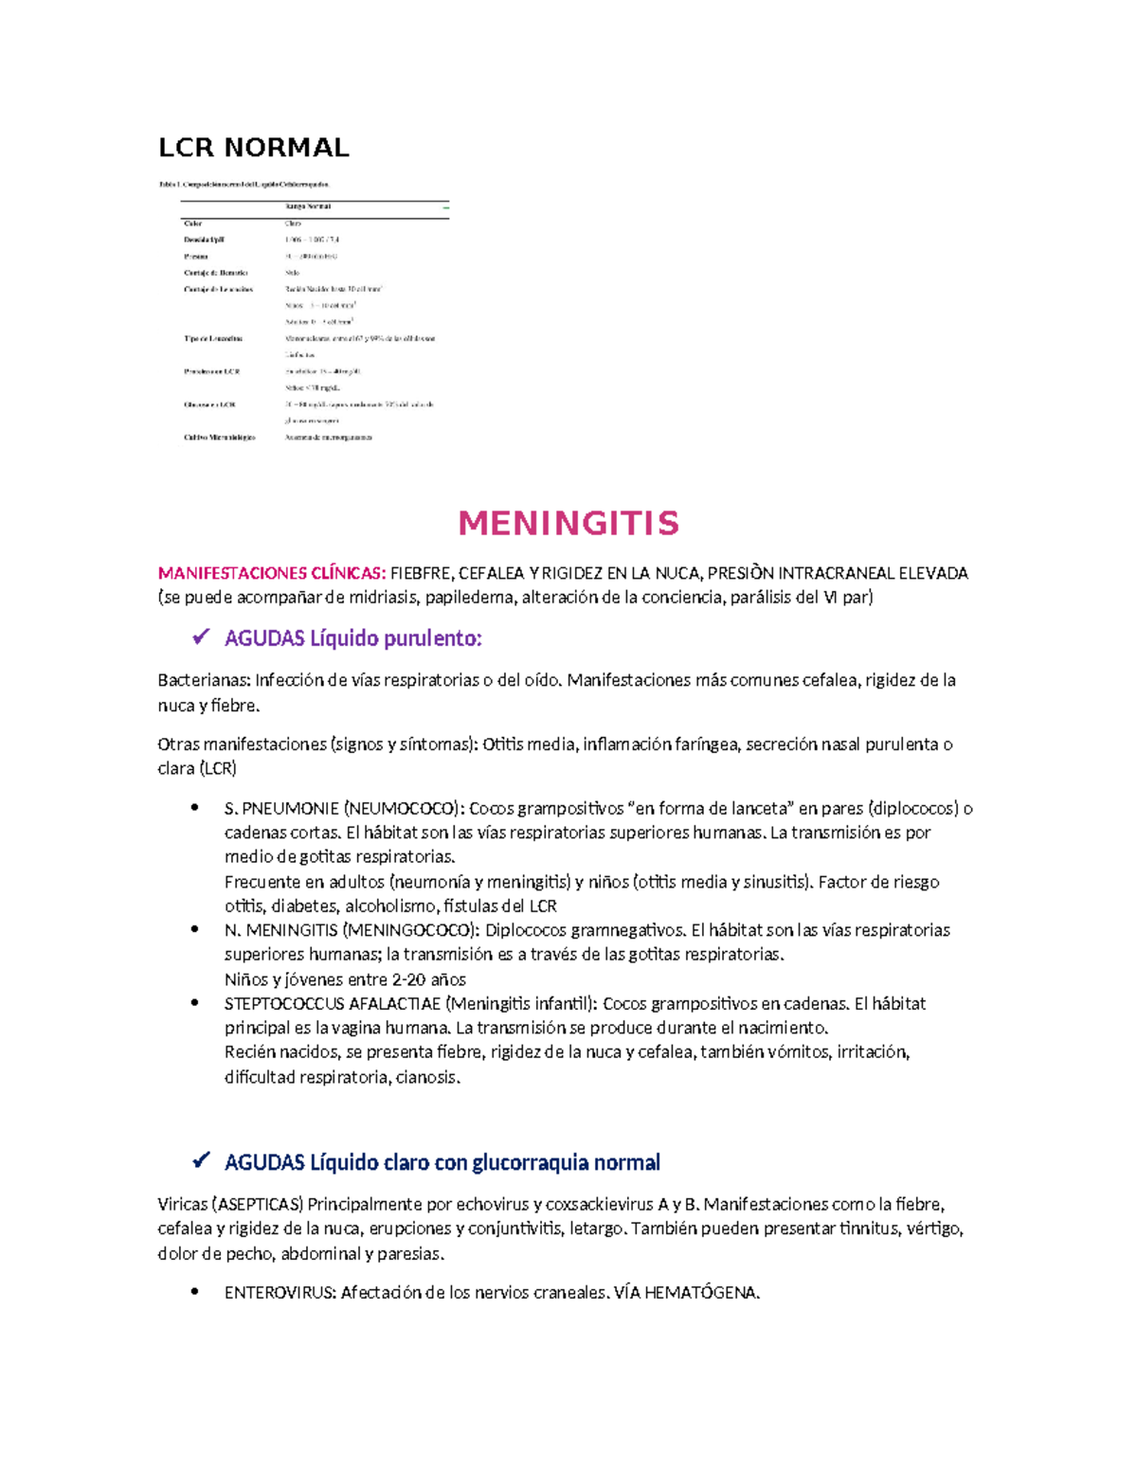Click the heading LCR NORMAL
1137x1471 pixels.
pos(253,148)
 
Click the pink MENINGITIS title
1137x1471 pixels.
pos(568,523)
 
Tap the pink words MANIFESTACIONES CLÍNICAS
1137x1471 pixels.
pos(272,573)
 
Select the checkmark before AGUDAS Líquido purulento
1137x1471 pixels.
pos(200,637)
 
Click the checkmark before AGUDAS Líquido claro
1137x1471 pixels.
pos(200,1161)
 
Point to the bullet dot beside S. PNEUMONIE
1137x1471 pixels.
pos(195,808)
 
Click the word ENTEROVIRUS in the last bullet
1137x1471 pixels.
pos(280,1293)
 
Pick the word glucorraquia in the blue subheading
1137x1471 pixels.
pos(525,1162)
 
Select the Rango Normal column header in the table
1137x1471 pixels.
pos(308,206)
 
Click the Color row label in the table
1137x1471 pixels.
pos(193,224)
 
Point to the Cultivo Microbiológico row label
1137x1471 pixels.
pos(219,438)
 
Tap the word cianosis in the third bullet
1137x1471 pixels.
pos(427,1077)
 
